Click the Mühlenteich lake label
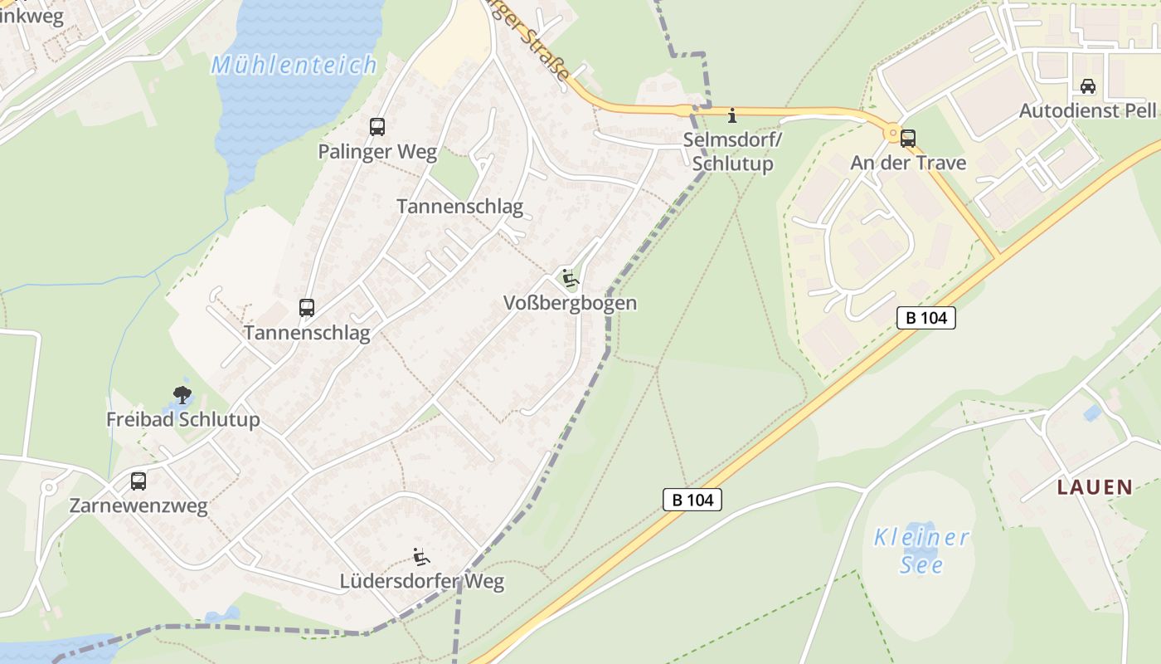click(294, 65)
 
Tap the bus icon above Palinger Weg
click(377, 127)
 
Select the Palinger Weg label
click(377, 151)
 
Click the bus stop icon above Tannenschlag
click(307, 308)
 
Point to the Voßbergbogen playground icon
click(570, 278)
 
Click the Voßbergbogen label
click(570, 303)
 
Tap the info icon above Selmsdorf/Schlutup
click(732, 115)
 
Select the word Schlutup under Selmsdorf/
click(732, 164)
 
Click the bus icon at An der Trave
click(908, 139)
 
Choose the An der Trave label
click(908, 163)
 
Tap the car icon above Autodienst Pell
click(1087, 86)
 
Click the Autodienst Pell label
click(1087, 110)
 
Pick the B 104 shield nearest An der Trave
click(926, 318)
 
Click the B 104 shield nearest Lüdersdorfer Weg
click(692, 500)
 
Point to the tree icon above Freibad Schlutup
click(182, 395)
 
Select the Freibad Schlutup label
click(182, 420)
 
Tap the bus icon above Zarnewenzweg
click(138, 481)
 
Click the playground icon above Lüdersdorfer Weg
click(421, 556)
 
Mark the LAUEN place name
click(1095, 487)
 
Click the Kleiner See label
click(921, 551)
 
